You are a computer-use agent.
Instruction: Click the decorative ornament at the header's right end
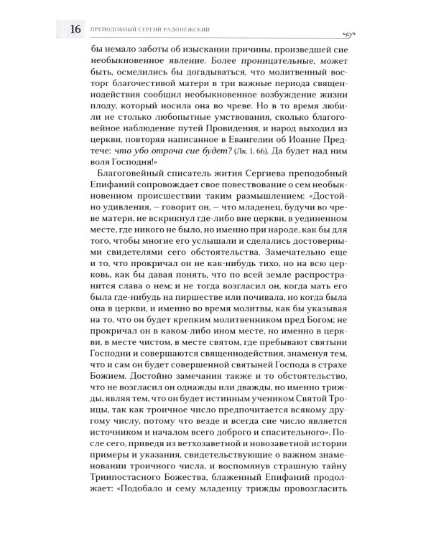coord(352,30)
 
